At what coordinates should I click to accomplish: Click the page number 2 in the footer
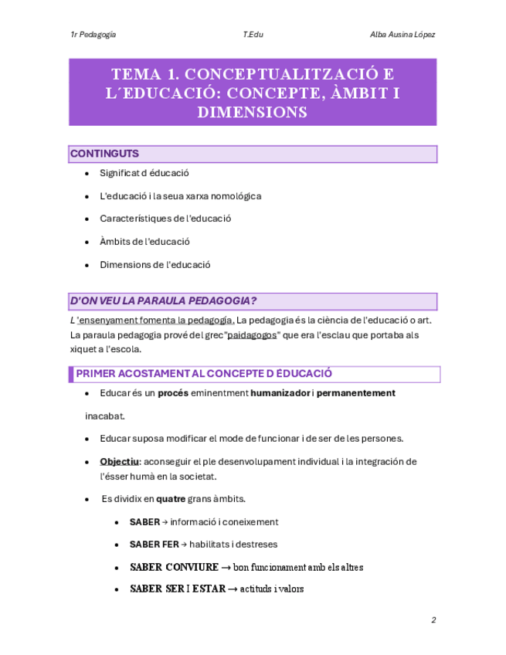pyautogui.click(x=433, y=620)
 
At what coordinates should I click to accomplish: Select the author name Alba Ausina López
pyautogui.click(x=402, y=35)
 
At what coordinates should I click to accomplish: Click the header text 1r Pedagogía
pyautogui.click(x=93, y=35)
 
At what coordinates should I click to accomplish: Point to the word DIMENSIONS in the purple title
pyautogui.click(x=253, y=113)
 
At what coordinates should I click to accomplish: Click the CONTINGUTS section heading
pyautogui.click(x=104, y=154)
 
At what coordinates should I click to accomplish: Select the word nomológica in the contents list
pyautogui.click(x=235, y=195)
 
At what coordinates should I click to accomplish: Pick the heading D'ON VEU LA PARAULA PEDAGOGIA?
pyautogui.click(x=163, y=300)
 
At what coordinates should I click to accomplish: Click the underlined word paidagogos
pyautogui.click(x=252, y=334)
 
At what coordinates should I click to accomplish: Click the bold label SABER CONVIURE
pyautogui.click(x=175, y=567)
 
